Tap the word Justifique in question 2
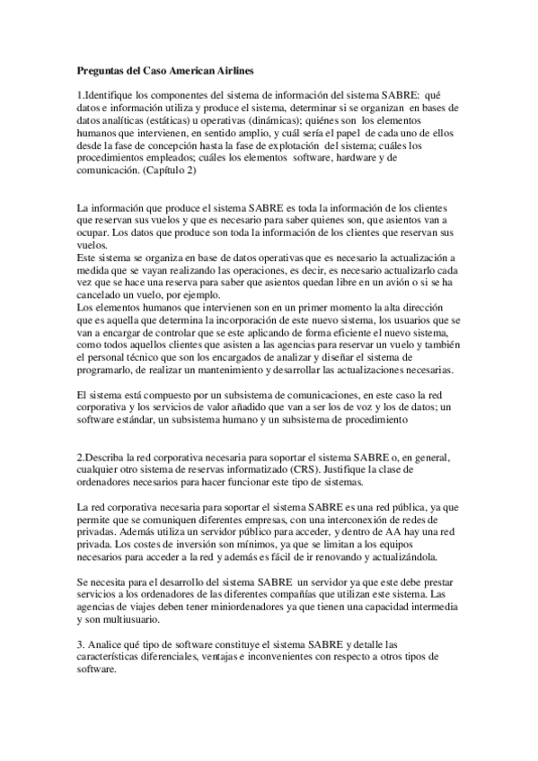[x=383, y=469]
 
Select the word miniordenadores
[x=225, y=608]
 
